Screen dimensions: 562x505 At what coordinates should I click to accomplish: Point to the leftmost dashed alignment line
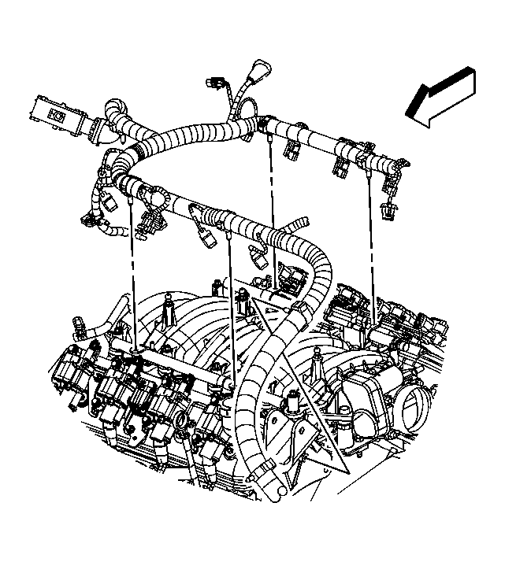point(132,275)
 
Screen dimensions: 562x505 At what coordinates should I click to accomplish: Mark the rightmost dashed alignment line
point(370,236)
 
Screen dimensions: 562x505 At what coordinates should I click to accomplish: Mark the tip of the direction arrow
point(409,116)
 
